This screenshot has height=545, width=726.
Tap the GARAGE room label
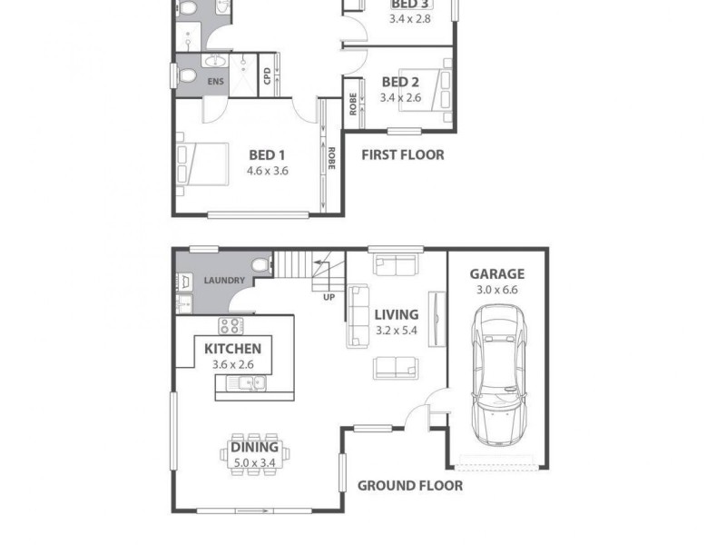(x=496, y=274)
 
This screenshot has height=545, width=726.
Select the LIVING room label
(x=397, y=315)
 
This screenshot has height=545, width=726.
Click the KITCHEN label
(x=232, y=349)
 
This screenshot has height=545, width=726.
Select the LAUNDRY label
(x=224, y=281)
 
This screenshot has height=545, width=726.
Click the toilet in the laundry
(x=260, y=266)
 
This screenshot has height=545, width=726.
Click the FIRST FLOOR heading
(x=403, y=154)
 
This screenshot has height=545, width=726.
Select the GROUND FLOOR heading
(x=409, y=485)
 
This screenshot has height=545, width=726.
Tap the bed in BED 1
(x=199, y=163)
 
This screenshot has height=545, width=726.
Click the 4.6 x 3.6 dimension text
(x=267, y=170)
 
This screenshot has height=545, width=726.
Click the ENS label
(x=215, y=83)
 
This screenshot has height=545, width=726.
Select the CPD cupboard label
(x=267, y=76)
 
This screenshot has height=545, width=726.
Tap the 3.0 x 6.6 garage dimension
(x=496, y=291)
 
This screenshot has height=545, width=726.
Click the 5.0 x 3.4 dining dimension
(x=254, y=462)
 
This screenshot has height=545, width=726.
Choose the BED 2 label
(x=400, y=82)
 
